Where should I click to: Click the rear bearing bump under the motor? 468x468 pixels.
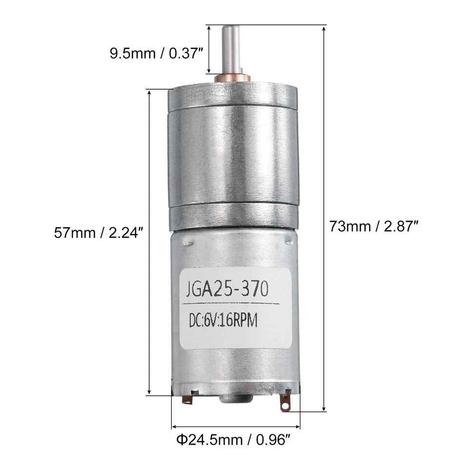click(235, 399)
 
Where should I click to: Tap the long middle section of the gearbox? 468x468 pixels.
click(233, 156)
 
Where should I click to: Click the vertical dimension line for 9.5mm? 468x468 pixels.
click(209, 49)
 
